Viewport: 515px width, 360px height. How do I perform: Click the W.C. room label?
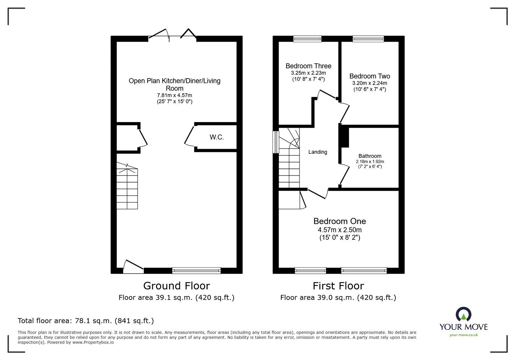[x=217, y=137]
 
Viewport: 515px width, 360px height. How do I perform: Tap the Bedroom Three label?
[x=308, y=66]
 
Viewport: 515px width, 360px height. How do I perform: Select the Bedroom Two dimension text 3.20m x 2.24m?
[x=370, y=83]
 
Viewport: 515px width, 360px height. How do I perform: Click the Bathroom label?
[x=370, y=156]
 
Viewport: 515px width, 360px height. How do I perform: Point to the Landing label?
[x=318, y=152]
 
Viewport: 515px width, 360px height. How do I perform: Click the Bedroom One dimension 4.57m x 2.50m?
[x=340, y=230]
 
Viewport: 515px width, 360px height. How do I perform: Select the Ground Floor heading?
[x=176, y=286]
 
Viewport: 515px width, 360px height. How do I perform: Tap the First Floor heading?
[x=338, y=286]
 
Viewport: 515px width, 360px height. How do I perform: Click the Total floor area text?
[x=86, y=321]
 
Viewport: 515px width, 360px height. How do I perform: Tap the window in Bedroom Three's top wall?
[x=307, y=39]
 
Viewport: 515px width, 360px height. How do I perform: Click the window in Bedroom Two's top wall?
[x=368, y=39]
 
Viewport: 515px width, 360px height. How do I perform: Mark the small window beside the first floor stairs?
[x=276, y=142]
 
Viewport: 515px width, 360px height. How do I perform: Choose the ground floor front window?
[x=196, y=271]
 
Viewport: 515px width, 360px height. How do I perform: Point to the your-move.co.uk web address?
[x=464, y=335]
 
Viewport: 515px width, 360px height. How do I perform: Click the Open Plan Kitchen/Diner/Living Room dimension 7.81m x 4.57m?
[x=174, y=96]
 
